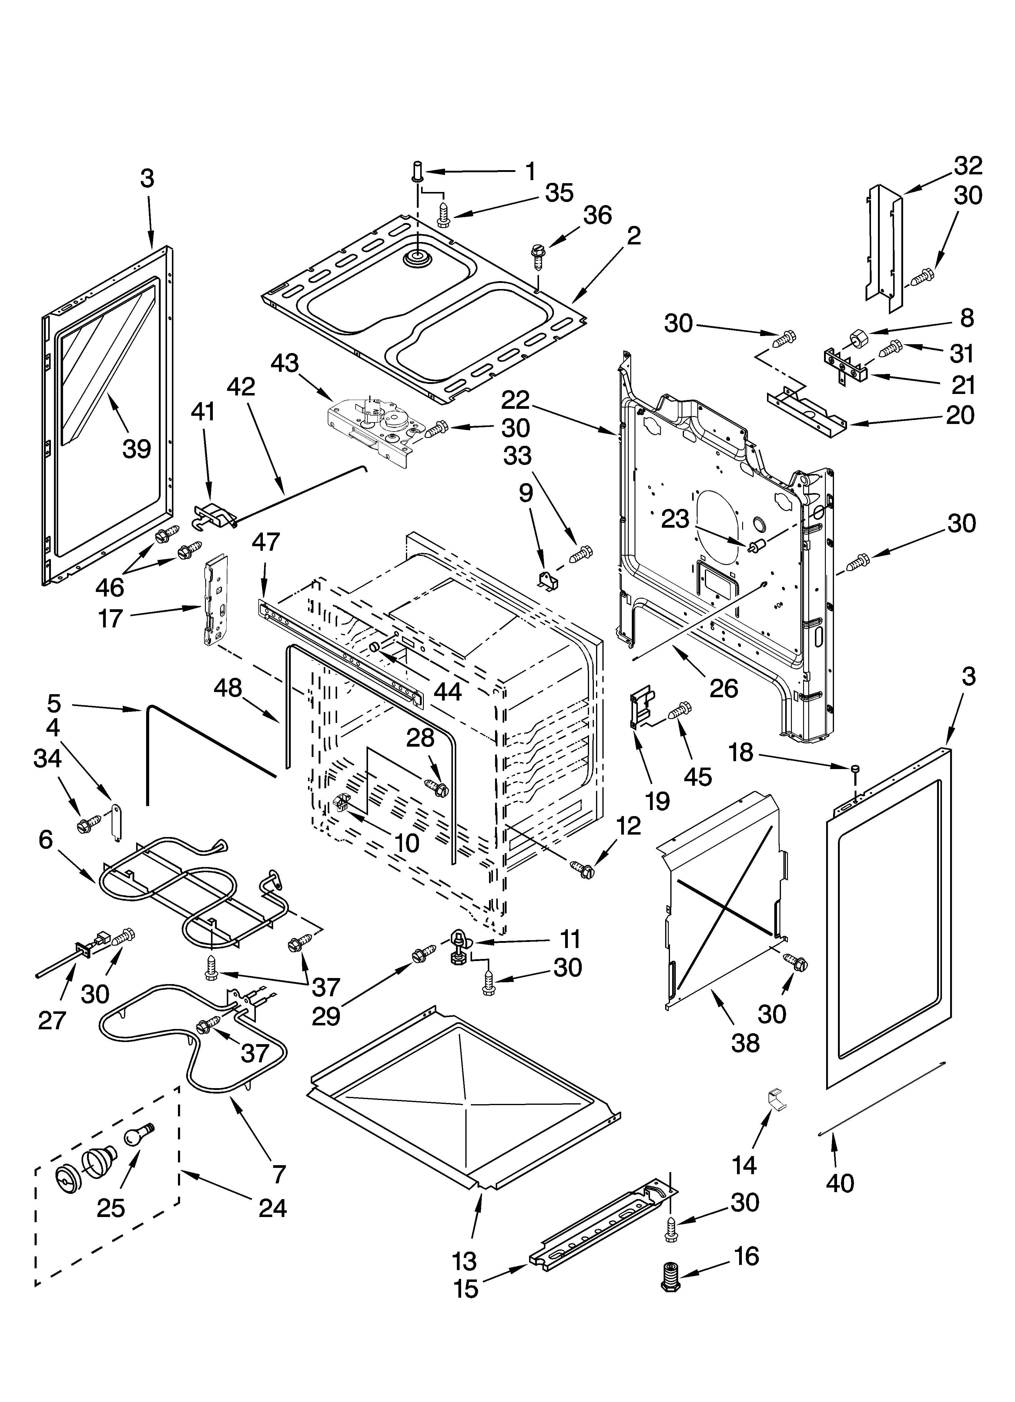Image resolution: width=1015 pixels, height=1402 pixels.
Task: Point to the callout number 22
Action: pyautogui.click(x=515, y=400)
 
